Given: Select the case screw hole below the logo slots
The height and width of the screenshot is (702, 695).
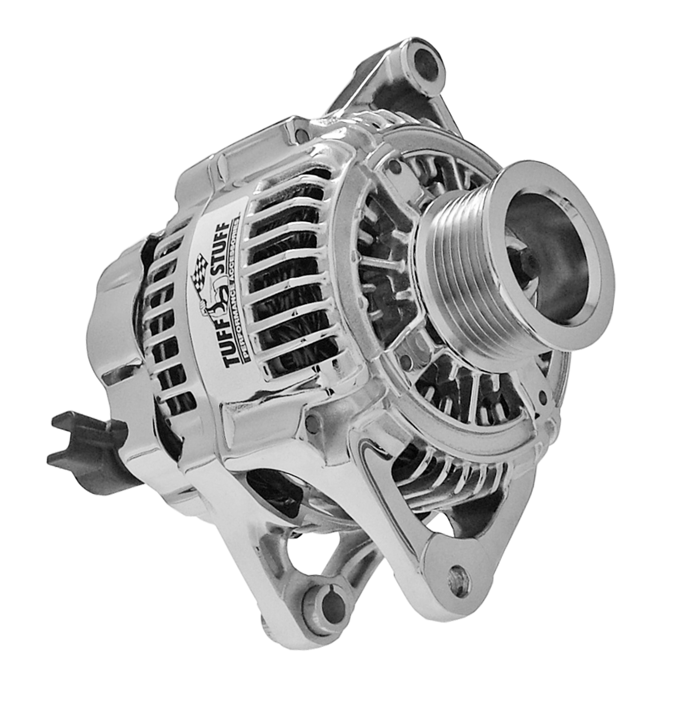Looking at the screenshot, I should coord(311,421).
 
